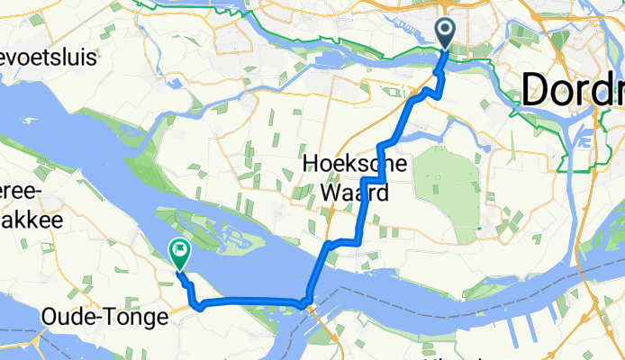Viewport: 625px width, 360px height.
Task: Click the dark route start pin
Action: click(447, 32)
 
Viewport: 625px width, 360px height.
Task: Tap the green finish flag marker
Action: click(180, 255)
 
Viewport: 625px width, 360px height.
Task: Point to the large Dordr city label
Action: click(573, 90)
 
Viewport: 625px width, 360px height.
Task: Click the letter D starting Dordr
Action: click(538, 90)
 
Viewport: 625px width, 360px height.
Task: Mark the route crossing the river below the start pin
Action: click(440, 66)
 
